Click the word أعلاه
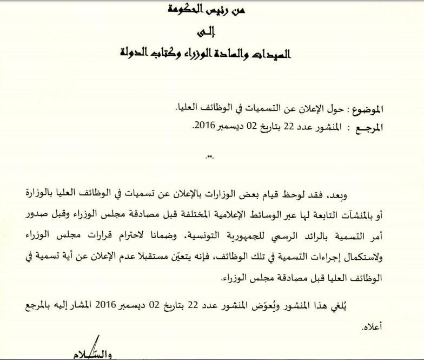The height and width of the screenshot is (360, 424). coord(372,328)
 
